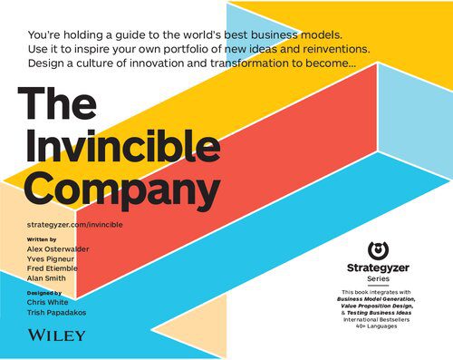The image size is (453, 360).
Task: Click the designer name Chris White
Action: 51,302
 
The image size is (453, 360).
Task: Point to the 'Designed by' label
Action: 44,293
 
